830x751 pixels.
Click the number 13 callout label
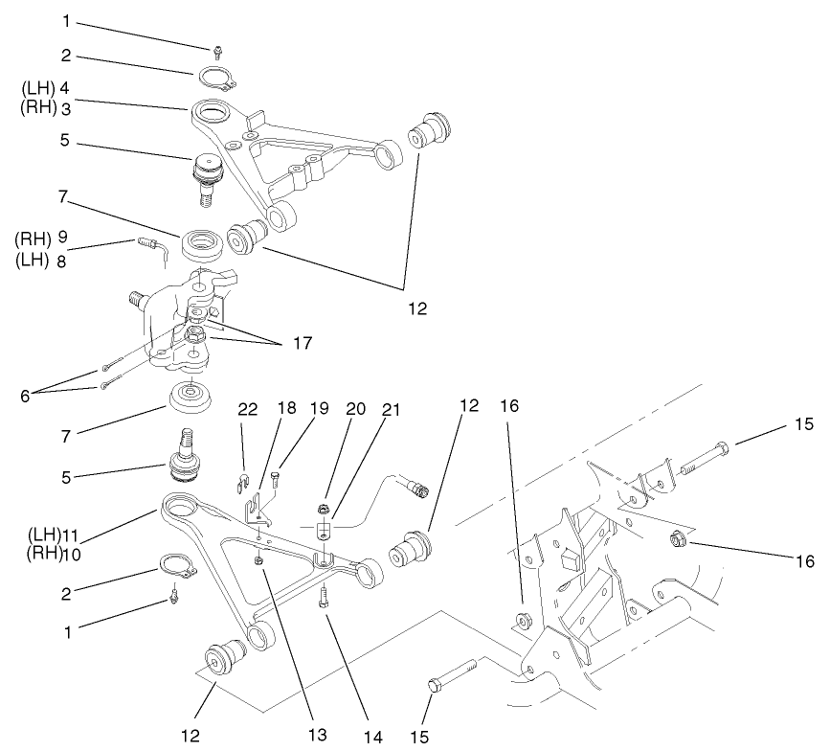(316, 736)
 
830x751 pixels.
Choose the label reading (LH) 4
(38, 88)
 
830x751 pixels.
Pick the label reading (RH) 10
(37, 553)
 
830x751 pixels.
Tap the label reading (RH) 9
(37, 236)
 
